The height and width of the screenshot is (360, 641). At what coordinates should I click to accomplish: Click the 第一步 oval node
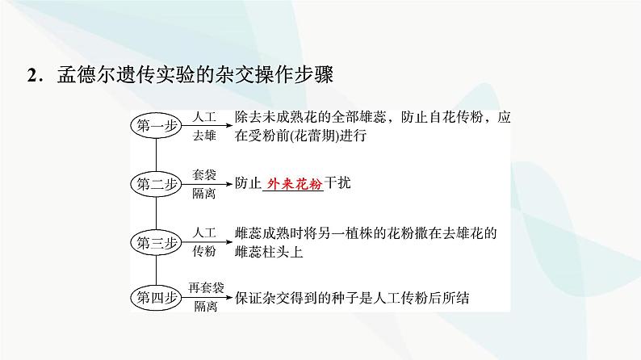click(x=156, y=125)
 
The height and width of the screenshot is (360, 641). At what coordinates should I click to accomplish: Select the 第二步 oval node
click(x=156, y=183)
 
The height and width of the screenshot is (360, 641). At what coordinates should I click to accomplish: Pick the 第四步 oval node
click(x=156, y=298)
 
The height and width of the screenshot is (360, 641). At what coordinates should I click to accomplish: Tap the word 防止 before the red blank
click(x=248, y=183)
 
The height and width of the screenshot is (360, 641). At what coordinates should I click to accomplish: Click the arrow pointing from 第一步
click(x=206, y=126)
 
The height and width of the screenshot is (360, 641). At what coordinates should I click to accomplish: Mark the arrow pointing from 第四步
click(x=206, y=298)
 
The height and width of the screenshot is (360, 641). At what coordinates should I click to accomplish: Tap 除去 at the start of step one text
click(x=248, y=117)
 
